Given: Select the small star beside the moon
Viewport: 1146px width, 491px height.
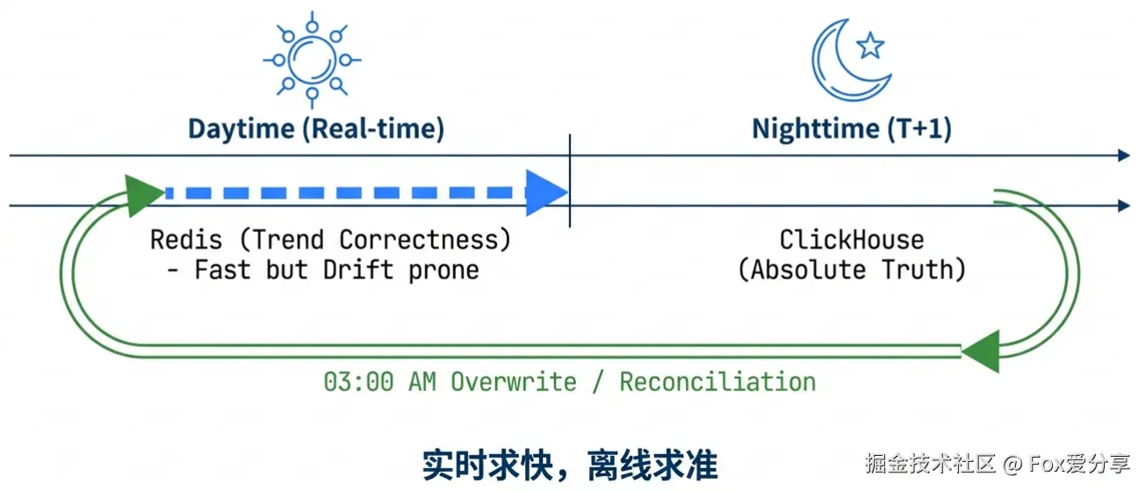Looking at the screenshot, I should tap(870, 46).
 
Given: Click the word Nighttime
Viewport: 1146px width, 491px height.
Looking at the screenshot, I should tap(814, 129).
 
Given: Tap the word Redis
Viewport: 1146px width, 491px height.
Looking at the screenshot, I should tap(181, 240).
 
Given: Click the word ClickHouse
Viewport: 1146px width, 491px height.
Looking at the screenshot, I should tap(852, 240).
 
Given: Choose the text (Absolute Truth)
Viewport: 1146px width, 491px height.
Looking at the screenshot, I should tap(852, 270).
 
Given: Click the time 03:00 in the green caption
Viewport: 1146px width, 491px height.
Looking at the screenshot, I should tap(357, 382).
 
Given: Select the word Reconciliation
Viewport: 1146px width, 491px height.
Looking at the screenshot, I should tap(717, 382).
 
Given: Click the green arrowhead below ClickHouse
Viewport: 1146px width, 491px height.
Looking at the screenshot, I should tap(982, 350).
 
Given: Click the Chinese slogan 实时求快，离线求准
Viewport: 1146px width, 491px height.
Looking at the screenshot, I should tap(570, 465).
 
